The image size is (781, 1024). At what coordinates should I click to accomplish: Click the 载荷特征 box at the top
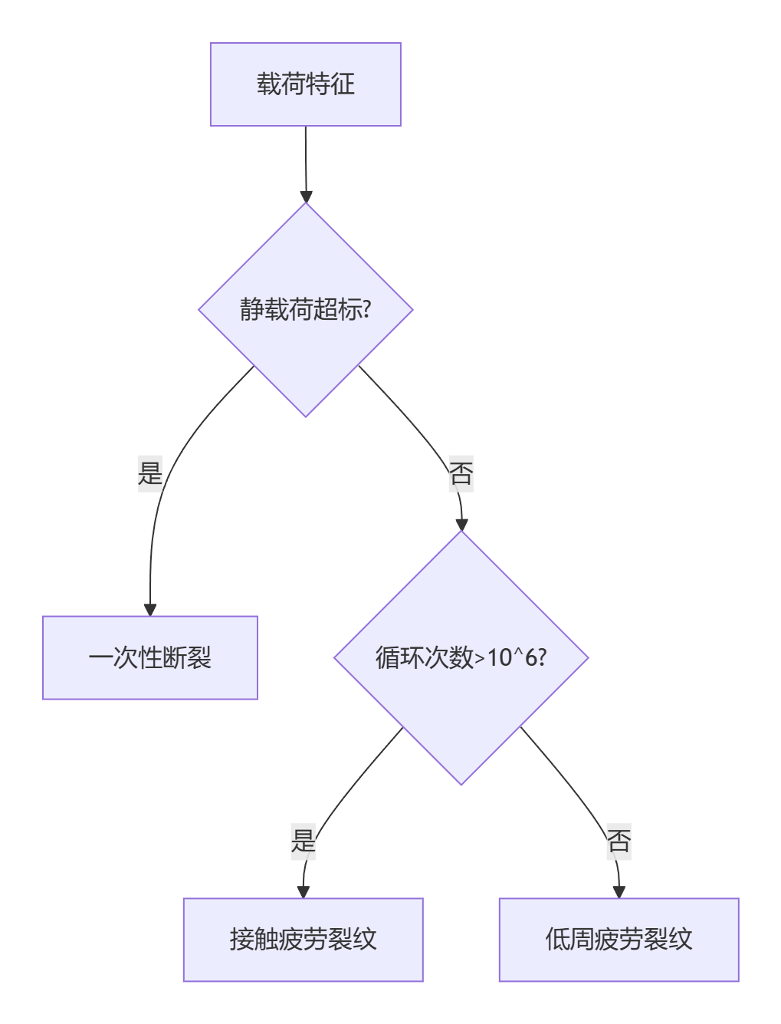pyautogui.click(x=305, y=84)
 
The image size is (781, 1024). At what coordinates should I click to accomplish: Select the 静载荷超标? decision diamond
pyautogui.click(x=305, y=310)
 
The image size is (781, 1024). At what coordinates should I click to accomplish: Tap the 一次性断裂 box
pyautogui.click(x=150, y=657)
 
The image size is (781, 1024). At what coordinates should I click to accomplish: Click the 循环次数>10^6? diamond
pyautogui.click(x=461, y=657)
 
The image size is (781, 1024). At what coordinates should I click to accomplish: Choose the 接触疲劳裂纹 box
pyautogui.click(x=303, y=940)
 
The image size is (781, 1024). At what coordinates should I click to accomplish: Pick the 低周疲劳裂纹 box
pyautogui.click(x=619, y=940)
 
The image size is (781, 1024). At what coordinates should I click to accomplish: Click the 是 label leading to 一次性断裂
pyautogui.click(x=150, y=472)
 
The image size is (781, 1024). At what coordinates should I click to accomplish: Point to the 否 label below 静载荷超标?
pyautogui.click(x=461, y=473)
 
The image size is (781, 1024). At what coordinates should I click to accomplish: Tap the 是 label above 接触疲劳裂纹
pyautogui.click(x=304, y=841)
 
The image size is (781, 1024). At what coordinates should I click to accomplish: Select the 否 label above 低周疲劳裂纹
pyautogui.click(x=619, y=841)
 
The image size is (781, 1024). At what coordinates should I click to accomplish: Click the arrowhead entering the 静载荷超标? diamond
pyautogui.click(x=306, y=197)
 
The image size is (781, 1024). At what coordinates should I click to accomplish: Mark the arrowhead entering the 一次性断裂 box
pyautogui.click(x=150, y=610)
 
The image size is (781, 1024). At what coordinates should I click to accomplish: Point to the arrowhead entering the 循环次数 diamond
pyautogui.click(x=461, y=525)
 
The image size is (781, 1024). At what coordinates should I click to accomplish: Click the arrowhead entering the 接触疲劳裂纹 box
pyautogui.click(x=304, y=892)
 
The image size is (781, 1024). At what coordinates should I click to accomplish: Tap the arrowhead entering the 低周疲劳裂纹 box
pyautogui.click(x=619, y=892)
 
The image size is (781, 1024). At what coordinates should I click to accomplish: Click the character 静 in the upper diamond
pyautogui.click(x=251, y=310)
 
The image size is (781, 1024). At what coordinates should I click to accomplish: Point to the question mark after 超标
pyautogui.click(x=367, y=310)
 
